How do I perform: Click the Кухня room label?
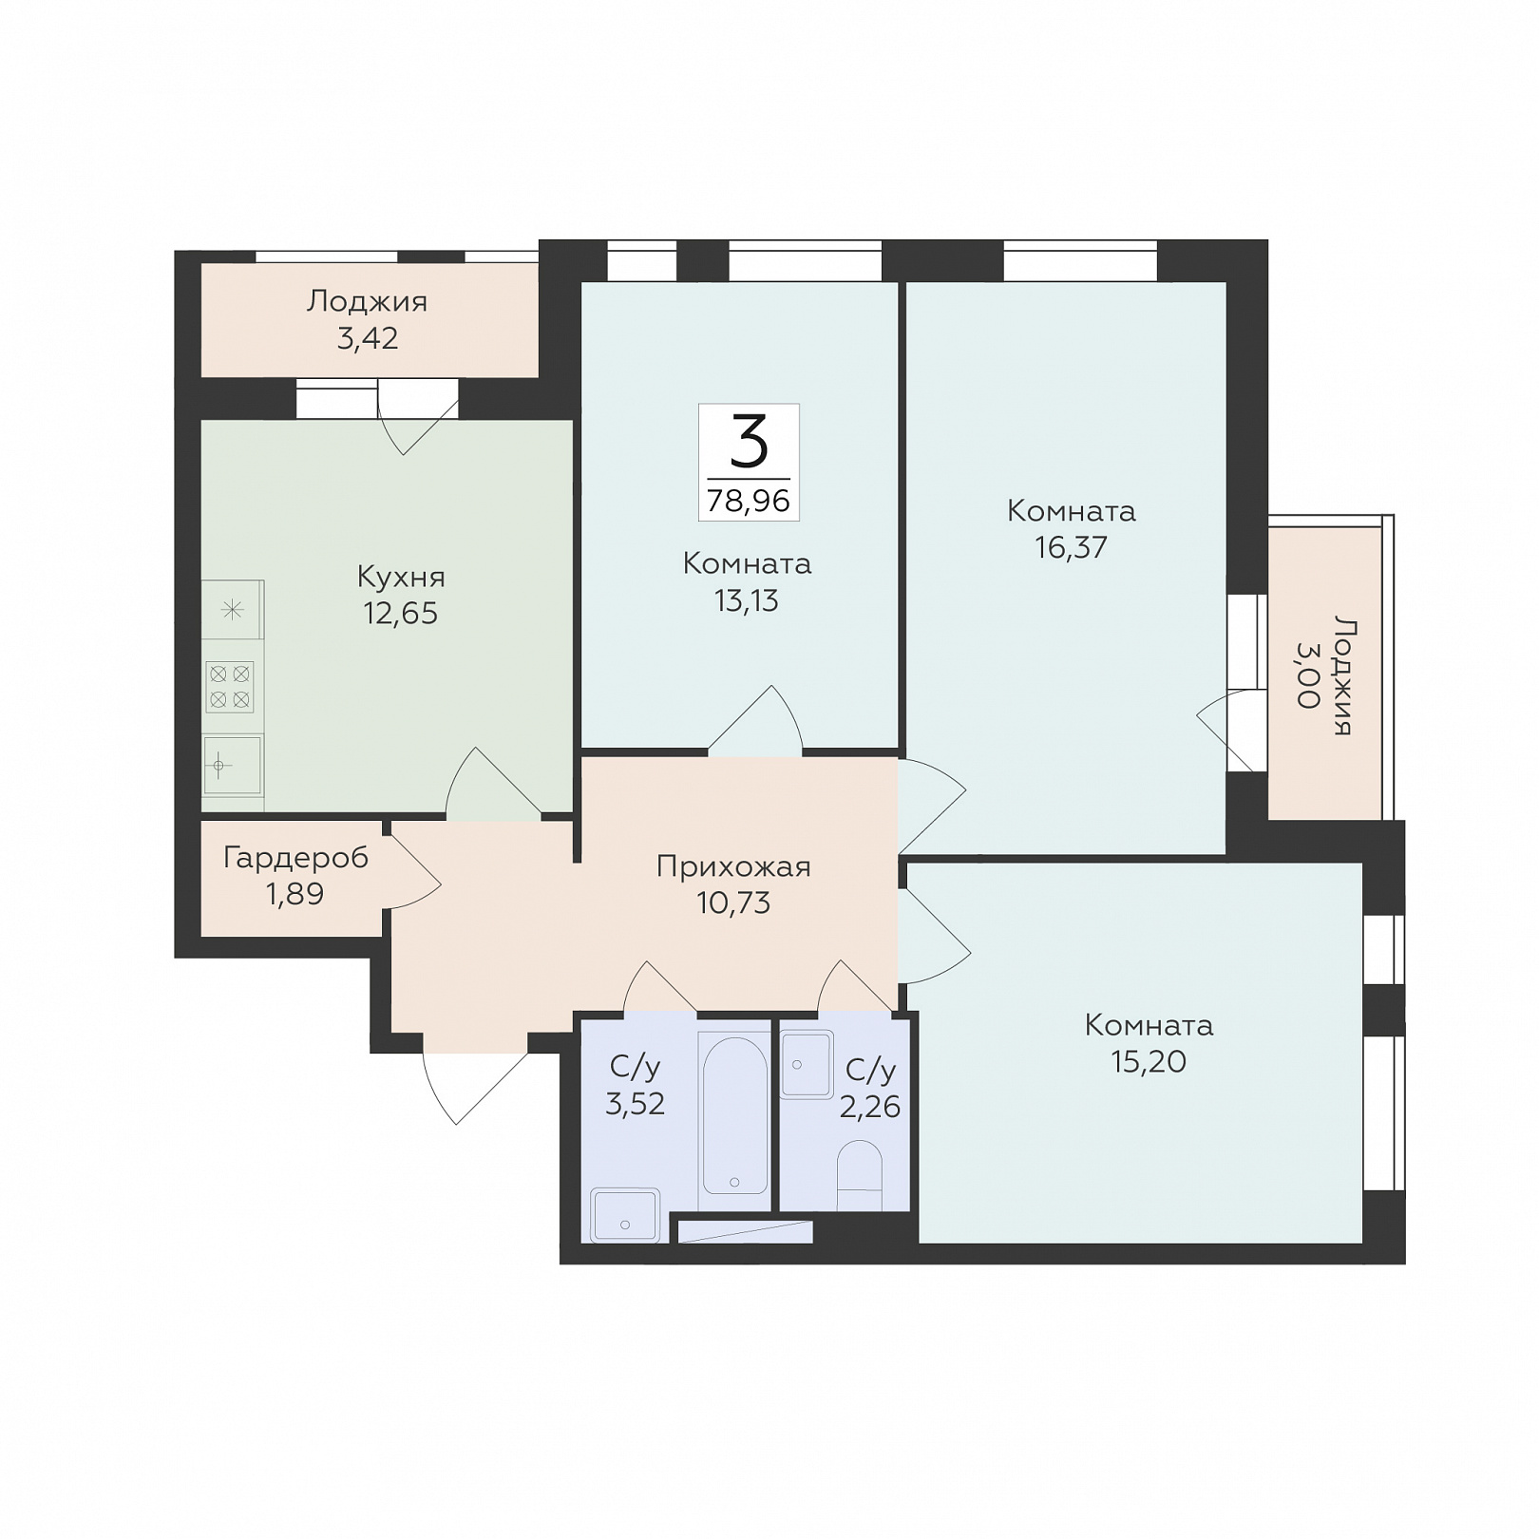point(401,577)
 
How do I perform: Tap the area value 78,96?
point(749,501)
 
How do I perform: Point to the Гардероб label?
point(295,859)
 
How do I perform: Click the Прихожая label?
point(733,867)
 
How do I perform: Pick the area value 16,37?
point(1072,547)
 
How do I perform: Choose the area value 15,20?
point(1149,1061)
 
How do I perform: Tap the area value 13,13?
point(747,600)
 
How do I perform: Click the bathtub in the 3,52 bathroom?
point(734,1113)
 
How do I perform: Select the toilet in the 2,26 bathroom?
point(860,1176)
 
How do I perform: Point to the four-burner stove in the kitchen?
point(230,687)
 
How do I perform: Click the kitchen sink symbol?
point(233,766)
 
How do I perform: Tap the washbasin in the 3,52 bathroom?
point(624,1215)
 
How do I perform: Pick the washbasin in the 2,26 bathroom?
point(806,1065)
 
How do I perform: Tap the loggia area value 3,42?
point(368,338)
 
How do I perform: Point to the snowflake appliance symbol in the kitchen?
point(232,610)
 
